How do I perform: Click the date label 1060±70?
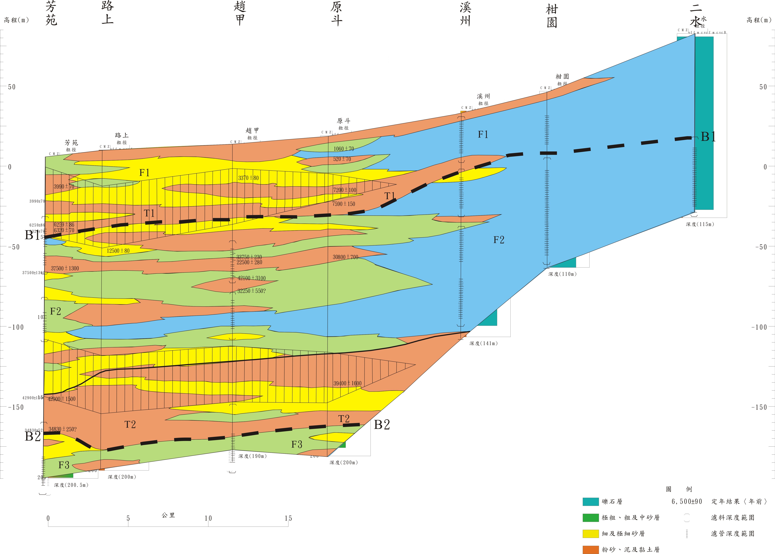pyautogui.click(x=344, y=149)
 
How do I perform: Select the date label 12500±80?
pyautogui.click(x=118, y=251)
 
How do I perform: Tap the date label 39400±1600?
pyautogui.click(x=347, y=383)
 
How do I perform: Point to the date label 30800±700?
pyautogui.click(x=345, y=257)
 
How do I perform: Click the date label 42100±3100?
pyautogui.click(x=252, y=278)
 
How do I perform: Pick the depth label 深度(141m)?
pyautogui.click(x=483, y=344)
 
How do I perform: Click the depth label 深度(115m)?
pyautogui.click(x=700, y=224)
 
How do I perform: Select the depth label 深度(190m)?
pyautogui.click(x=252, y=456)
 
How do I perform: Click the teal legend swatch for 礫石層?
pyautogui.click(x=590, y=501)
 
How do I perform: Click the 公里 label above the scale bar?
pyautogui.click(x=168, y=515)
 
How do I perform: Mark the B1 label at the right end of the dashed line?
pyautogui.click(x=708, y=137)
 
